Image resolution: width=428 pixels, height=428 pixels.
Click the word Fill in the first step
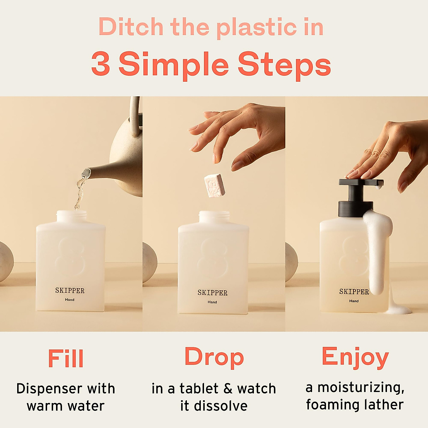66,358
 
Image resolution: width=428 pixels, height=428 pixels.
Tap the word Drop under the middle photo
214,357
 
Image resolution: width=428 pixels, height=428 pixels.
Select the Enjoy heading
355,357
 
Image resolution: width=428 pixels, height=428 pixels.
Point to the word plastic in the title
256,27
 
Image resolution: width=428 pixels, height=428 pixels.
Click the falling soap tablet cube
214,185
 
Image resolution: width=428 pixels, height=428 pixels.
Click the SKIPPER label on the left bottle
70,291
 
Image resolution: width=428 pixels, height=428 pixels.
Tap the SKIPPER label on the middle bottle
212,293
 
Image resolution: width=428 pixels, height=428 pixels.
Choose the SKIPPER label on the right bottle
354,292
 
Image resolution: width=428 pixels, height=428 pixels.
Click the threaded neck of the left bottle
71,217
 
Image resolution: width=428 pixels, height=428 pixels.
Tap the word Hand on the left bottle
70,300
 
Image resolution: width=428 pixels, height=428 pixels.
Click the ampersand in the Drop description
228,388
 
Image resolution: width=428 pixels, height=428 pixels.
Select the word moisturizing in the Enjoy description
361,387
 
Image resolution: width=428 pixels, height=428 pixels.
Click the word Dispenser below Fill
49,388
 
